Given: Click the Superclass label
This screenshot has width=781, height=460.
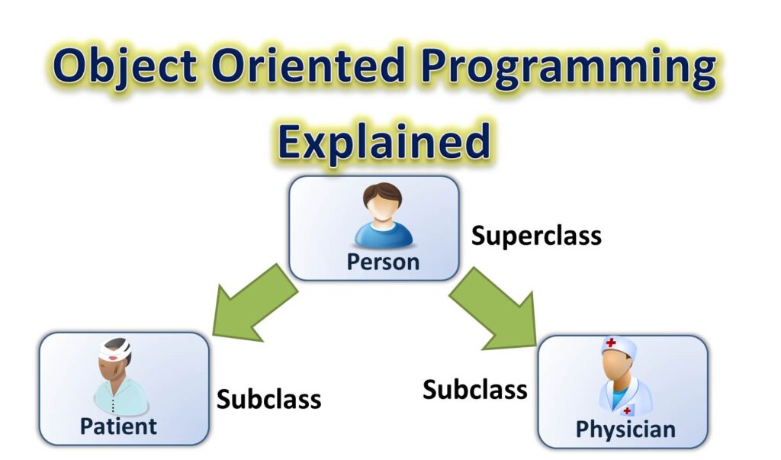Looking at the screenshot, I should [536, 236].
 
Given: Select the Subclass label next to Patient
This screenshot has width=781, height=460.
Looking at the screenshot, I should [268, 399].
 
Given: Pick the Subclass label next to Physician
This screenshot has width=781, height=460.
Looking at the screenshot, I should [474, 390].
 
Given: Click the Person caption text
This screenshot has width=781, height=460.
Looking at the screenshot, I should [383, 262].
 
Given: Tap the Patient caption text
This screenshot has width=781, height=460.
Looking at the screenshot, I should [118, 426].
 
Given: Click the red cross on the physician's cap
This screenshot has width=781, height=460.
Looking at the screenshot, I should [611, 344].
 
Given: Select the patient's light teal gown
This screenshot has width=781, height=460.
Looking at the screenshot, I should [122, 397].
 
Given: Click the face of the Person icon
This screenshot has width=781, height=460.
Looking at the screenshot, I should [383, 207].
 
